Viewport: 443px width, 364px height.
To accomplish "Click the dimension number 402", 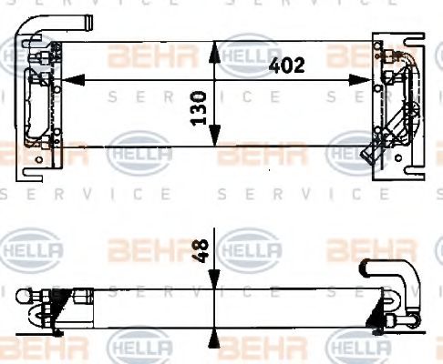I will [285, 65].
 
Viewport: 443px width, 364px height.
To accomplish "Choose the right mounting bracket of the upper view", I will [393, 100].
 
